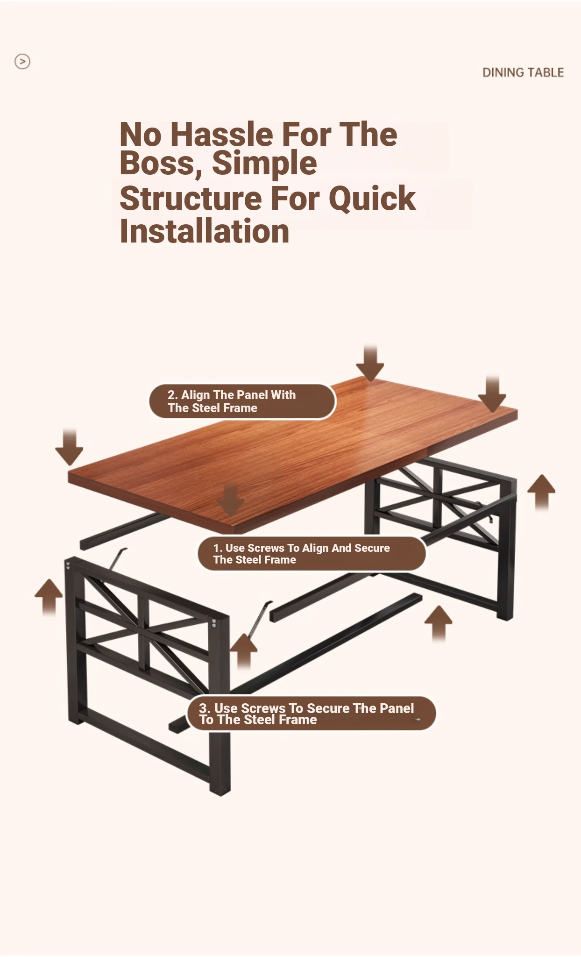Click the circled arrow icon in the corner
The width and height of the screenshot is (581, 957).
point(22,61)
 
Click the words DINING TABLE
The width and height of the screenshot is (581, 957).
point(523,72)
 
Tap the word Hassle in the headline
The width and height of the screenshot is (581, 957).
point(221,135)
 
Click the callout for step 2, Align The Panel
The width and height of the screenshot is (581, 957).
point(242,401)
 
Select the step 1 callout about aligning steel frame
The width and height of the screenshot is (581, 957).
point(312,554)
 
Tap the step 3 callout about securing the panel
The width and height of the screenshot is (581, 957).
point(312,714)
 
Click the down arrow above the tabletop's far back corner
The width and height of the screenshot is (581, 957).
point(370,364)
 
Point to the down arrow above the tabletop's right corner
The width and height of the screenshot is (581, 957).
point(492,393)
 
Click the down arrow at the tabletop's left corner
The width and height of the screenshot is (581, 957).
point(69,447)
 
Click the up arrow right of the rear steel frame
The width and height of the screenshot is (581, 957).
point(541,493)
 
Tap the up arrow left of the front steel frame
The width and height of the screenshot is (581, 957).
point(49,597)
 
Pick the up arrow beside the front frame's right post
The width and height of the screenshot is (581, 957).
point(244,651)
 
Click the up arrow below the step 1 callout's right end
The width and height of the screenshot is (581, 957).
point(439,624)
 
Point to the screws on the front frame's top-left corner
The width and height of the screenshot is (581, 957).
point(68,566)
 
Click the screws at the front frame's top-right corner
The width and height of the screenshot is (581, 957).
point(214,623)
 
